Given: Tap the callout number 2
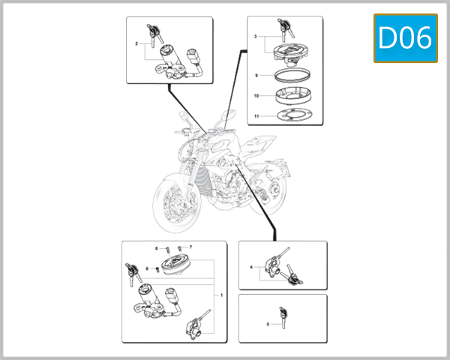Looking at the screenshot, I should (x=136, y=44).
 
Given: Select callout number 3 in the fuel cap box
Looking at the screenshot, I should (x=256, y=37).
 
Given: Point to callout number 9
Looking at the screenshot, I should (x=256, y=76).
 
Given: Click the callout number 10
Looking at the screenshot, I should (x=256, y=96).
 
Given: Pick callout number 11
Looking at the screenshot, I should (x=256, y=116).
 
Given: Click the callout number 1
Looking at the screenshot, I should (x=221, y=296).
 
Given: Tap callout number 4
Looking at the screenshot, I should (x=251, y=267).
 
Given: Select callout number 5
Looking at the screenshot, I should (x=267, y=324).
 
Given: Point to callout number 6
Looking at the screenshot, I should (x=157, y=247).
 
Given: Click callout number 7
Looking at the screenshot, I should (x=190, y=247).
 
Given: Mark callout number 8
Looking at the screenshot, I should (x=147, y=268).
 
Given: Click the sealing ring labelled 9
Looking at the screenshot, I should (x=289, y=76).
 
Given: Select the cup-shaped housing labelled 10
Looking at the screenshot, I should (x=289, y=95).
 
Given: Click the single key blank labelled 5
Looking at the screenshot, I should (x=283, y=316).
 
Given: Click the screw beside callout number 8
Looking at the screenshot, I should (x=156, y=268).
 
